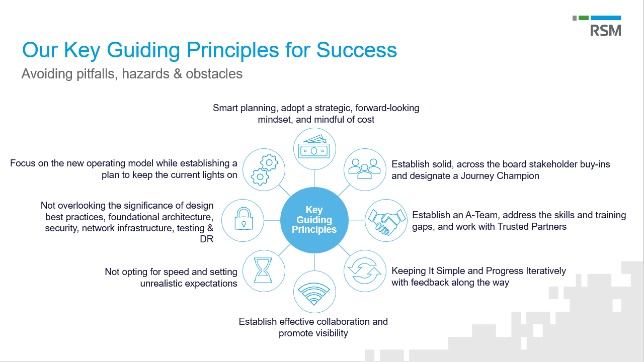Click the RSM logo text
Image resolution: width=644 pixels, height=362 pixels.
[605, 31]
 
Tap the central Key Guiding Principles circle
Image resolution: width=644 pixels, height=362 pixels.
[314, 220]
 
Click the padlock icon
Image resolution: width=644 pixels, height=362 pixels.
[244, 219]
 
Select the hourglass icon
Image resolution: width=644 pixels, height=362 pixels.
[263, 270]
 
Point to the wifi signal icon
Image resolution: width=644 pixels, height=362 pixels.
[314, 294]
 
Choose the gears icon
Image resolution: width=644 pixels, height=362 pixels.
[264, 169]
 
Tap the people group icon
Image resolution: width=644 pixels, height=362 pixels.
[365, 168]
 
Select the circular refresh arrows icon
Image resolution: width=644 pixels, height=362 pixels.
[365, 270]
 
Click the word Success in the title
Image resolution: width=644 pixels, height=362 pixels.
[357, 50]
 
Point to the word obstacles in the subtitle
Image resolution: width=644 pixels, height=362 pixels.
[214, 74]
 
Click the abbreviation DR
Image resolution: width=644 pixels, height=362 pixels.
[207, 239]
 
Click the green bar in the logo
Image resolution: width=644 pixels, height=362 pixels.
[583, 18]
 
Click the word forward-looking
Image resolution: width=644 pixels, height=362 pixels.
[387, 108]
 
